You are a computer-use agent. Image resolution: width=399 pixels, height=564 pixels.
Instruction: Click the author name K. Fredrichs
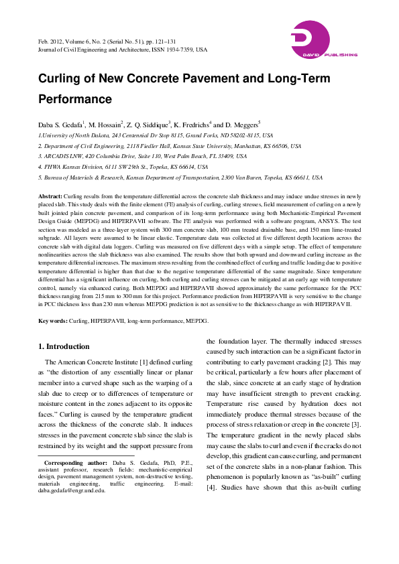[x=192, y=125]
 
